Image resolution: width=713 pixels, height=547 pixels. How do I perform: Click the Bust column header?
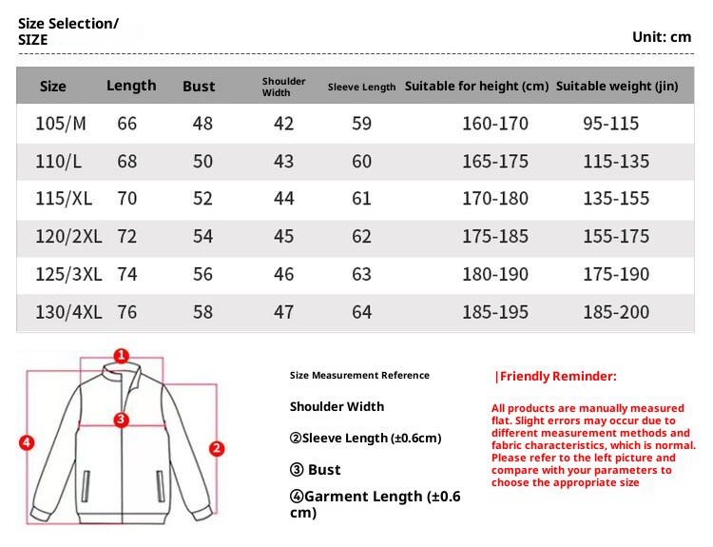tap(199, 87)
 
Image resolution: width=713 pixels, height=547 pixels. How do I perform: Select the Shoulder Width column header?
tap(283, 87)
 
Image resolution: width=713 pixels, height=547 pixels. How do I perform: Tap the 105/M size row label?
tap(60, 124)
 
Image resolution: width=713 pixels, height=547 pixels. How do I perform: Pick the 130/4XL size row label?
tap(67, 313)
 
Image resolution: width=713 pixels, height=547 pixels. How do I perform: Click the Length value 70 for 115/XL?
tap(127, 200)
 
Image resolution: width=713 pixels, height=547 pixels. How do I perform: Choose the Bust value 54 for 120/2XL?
tap(202, 237)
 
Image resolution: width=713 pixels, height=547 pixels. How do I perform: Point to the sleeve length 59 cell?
tap(361, 124)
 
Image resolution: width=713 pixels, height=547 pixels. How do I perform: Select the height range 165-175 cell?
tap(494, 162)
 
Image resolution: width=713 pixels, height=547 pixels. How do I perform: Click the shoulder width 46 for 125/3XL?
tap(283, 275)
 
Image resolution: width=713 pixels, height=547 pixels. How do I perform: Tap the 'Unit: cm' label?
tap(662, 37)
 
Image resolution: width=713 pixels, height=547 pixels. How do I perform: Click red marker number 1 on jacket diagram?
tap(121, 356)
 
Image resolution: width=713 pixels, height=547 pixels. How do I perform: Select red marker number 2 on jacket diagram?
tap(216, 448)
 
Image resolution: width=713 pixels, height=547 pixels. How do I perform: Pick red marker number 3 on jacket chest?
tap(121, 420)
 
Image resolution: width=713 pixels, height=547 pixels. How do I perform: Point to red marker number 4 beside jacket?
tap(27, 441)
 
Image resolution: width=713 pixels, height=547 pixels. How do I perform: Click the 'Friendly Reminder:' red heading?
tap(556, 377)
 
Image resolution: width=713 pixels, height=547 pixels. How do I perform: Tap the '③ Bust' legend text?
tap(315, 470)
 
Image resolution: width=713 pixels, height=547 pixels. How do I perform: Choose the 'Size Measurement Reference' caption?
tap(359, 376)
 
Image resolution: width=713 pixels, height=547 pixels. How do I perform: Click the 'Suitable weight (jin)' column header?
tap(617, 87)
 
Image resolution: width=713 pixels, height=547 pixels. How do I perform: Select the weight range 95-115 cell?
tap(610, 124)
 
